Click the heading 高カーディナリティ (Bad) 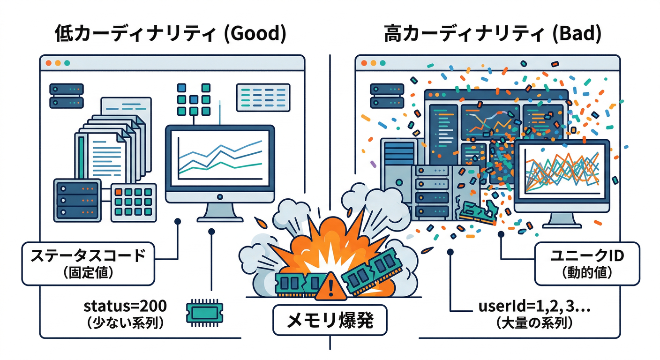tap(493, 35)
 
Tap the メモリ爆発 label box tap(330, 322)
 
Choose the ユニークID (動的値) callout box tap(587, 263)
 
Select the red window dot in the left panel tap(48, 63)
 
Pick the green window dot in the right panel tap(382, 63)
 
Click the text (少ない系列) tap(125, 323)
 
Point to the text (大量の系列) tap(534, 323)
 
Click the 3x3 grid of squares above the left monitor tap(193, 99)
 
